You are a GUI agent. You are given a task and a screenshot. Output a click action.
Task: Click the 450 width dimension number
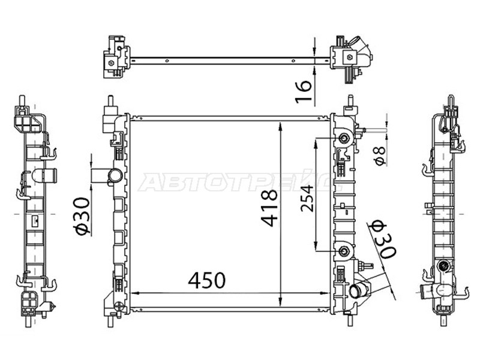pos(207,280)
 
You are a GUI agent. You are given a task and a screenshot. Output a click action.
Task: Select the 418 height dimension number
pos(269,208)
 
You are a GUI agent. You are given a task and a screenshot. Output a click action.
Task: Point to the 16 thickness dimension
pos(305,89)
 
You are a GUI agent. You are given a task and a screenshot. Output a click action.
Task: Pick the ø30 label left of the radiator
pos(83,217)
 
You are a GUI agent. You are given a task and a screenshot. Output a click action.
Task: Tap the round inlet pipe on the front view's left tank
pos(114,176)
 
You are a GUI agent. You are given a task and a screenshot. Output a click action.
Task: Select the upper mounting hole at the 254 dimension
pos(344,139)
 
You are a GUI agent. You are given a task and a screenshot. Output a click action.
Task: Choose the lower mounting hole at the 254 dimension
pos(344,251)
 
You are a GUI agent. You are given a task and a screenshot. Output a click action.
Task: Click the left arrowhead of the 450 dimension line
pos(134,292)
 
